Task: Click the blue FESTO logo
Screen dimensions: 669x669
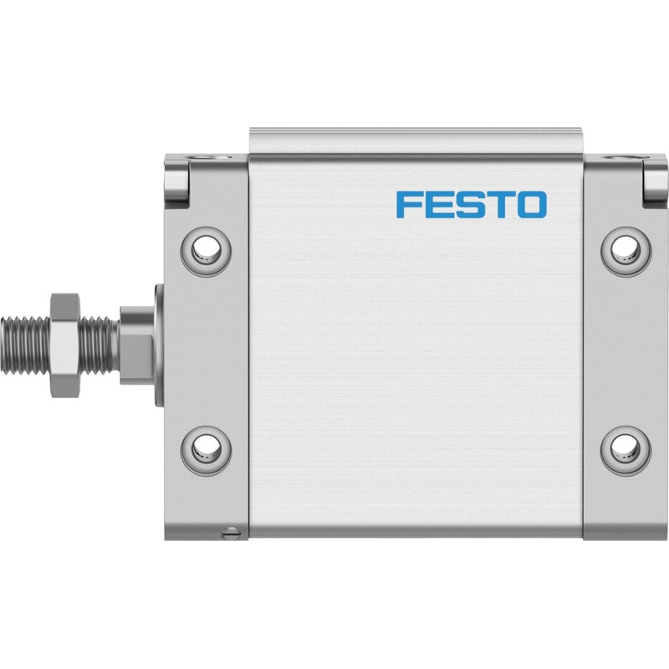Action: coord(472,205)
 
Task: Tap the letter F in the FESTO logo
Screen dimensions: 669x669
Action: coord(408,205)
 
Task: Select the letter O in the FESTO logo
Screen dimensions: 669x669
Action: coord(534,205)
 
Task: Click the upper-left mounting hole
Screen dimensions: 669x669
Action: coord(206,252)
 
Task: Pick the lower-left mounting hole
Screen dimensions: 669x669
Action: coord(206,450)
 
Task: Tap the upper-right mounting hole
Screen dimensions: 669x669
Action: coord(626,252)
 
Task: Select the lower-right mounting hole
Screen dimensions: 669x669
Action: coord(626,450)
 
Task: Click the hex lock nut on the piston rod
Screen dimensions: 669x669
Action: coord(65,345)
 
